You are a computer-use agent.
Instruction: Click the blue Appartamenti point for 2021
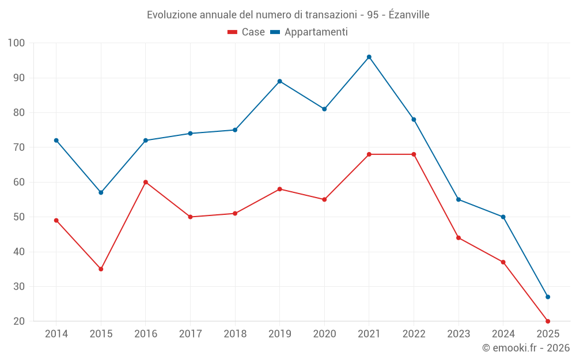[369, 57]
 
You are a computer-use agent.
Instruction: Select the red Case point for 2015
[101, 269]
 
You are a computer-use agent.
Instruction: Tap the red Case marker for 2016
[146, 182]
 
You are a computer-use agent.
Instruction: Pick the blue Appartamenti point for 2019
[280, 81]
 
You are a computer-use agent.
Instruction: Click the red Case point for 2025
[548, 321]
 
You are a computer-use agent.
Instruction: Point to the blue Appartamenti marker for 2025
[548, 297]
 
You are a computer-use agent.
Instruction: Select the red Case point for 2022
[414, 154]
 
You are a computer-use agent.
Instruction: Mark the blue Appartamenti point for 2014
[56, 141]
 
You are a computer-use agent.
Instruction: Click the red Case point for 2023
[458, 238]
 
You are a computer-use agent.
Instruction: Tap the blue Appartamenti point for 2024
[503, 217]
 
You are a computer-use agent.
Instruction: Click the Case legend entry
[247, 32]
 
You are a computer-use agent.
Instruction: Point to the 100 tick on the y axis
[17, 43]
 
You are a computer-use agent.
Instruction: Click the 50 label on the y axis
[20, 217]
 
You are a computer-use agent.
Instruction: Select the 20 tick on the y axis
[20, 321]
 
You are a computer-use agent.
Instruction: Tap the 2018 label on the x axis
[235, 334]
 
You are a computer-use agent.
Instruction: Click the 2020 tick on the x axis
[324, 334]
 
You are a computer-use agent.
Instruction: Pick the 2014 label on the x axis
[56, 334]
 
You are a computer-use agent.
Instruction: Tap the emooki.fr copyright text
[526, 348]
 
